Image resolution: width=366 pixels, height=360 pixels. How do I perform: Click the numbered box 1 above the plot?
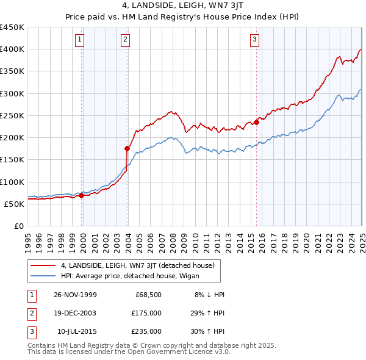(81, 40)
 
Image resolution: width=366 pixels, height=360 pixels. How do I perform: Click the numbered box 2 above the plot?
(125, 40)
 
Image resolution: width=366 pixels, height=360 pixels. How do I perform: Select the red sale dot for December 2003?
(127, 148)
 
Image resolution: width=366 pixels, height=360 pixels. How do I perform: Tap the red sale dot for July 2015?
(257, 122)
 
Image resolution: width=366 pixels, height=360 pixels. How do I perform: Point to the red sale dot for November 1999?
(82, 196)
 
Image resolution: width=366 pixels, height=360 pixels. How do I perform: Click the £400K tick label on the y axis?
(12, 49)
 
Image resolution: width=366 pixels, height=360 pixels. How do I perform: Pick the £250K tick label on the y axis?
(12, 115)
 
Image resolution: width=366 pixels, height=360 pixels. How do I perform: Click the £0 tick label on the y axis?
(19, 226)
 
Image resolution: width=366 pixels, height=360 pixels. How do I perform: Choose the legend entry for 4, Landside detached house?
(137, 265)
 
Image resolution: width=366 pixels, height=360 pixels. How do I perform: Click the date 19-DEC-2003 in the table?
(74, 312)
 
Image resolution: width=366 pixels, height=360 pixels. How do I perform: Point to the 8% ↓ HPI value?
(209, 294)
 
